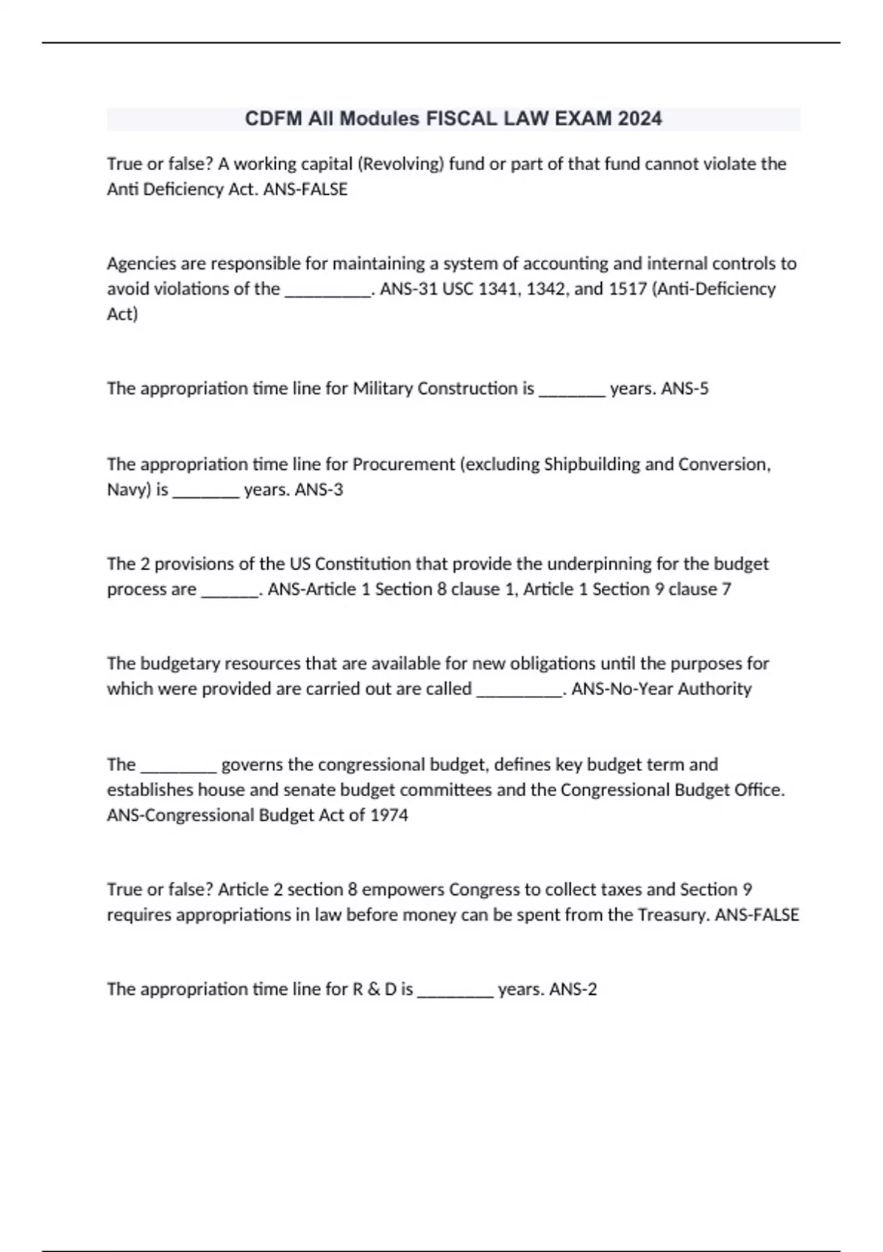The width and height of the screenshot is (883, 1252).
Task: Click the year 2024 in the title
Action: pyautogui.click(x=639, y=119)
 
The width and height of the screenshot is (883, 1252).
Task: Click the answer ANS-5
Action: pyautogui.click(x=685, y=388)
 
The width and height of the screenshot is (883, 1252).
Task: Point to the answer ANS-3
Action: pyautogui.click(x=319, y=490)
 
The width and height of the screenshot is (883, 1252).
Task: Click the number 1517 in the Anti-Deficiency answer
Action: pyautogui.click(x=628, y=289)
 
